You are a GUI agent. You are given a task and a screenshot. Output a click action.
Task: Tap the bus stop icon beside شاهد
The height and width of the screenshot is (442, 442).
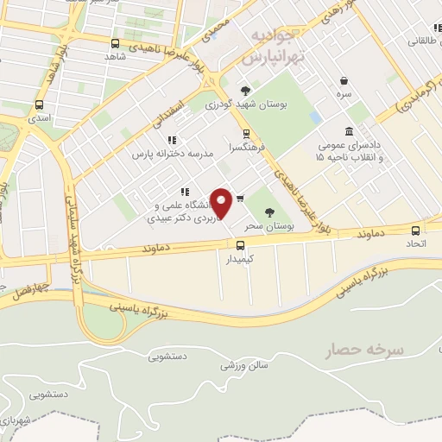(116, 42)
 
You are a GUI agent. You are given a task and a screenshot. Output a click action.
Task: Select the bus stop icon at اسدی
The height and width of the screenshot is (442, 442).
(38, 104)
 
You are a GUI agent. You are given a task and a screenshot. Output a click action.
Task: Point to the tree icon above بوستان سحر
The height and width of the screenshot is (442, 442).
(269, 212)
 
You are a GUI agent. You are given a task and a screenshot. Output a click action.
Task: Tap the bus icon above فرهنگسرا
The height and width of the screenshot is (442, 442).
(246, 134)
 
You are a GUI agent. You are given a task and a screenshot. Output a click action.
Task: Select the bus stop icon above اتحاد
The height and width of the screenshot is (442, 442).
(416, 230)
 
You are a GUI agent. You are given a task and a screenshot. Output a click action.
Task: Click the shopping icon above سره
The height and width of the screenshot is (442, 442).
(344, 80)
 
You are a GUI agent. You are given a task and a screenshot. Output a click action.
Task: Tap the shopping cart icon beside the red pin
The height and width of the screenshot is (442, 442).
(240, 198)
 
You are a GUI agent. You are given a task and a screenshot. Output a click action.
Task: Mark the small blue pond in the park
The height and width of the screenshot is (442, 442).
(315, 117)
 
